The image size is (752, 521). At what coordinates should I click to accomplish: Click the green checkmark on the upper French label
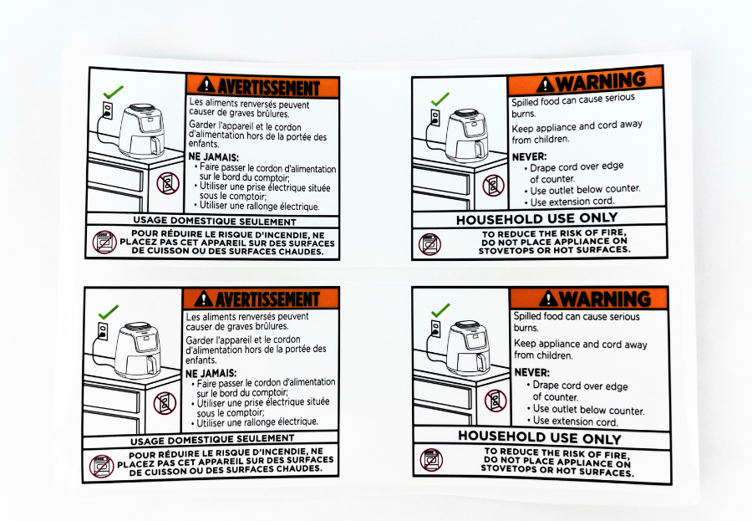pyautogui.click(x=113, y=91)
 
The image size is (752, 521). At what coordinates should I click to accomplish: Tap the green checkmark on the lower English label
pyautogui.click(x=440, y=310)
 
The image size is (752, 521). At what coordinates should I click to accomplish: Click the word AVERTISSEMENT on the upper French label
pyautogui.click(x=268, y=88)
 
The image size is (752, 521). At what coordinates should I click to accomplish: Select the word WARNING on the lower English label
pyautogui.click(x=605, y=299)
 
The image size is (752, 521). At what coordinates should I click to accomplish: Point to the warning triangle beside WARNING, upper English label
pyautogui.click(x=546, y=84)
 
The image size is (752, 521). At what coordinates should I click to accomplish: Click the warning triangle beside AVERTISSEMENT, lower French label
pyautogui.click(x=204, y=299)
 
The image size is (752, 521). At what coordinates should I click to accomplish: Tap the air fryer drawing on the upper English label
pyautogui.click(x=465, y=135)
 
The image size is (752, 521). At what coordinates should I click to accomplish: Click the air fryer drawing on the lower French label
pyautogui.click(x=138, y=350)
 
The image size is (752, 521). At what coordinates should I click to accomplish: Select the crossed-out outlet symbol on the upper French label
pyautogui.click(x=167, y=183)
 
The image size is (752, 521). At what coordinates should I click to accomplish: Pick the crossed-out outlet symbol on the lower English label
pyautogui.click(x=495, y=400)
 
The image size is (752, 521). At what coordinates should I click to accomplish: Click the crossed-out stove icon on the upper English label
pyautogui.click(x=429, y=244)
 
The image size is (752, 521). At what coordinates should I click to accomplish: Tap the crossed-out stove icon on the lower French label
pyautogui.click(x=101, y=466)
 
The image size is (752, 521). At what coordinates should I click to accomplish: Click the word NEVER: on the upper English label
pyautogui.click(x=530, y=156)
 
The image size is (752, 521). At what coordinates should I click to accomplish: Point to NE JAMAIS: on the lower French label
pyautogui.click(x=211, y=373)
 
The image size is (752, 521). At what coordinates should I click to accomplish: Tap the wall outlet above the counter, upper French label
pyautogui.click(x=108, y=110)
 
